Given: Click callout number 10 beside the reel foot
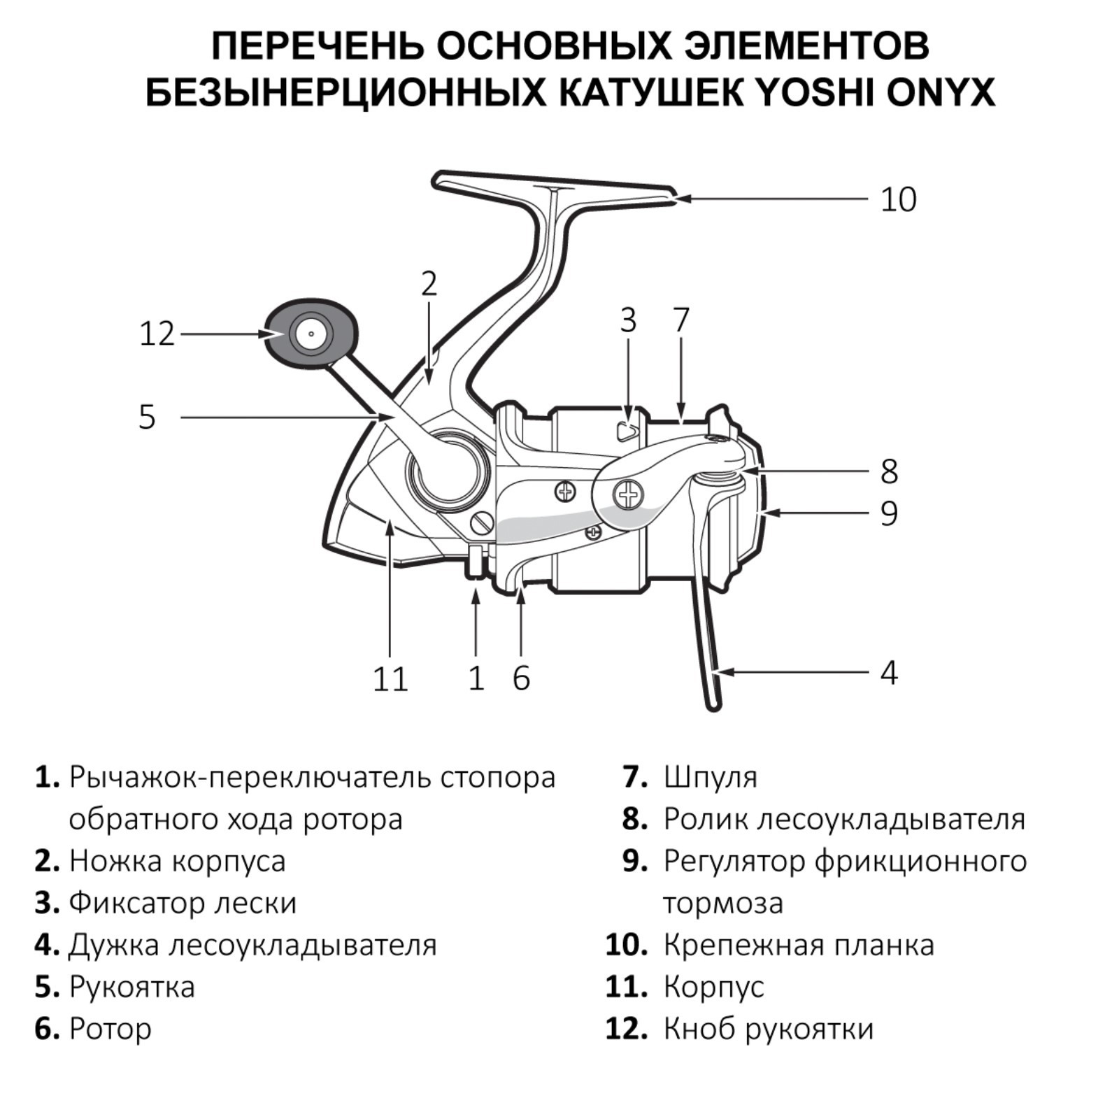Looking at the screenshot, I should coord(898,200).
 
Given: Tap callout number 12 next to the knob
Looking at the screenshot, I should coord(157,334).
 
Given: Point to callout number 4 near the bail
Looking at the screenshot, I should coord(888,673).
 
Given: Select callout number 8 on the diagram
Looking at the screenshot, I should coord(888,471).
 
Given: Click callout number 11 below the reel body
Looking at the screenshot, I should coord(390,679).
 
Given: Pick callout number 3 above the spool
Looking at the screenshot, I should coord(628,320).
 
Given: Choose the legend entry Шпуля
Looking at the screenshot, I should coord(710,777).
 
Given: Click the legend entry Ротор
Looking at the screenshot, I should coord(111,1029).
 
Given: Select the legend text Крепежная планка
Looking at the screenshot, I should coord(798,945).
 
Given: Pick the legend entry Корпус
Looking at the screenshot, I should coord(713,987).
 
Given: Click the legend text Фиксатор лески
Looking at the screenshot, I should coord(183,903).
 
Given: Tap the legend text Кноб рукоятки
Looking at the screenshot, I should coord(768,1029).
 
